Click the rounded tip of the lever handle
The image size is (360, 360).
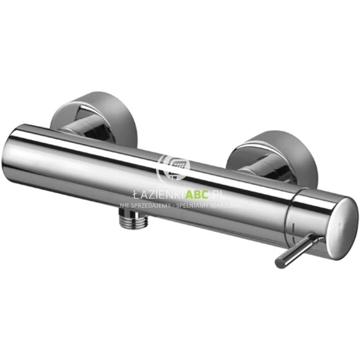coord(280,262)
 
